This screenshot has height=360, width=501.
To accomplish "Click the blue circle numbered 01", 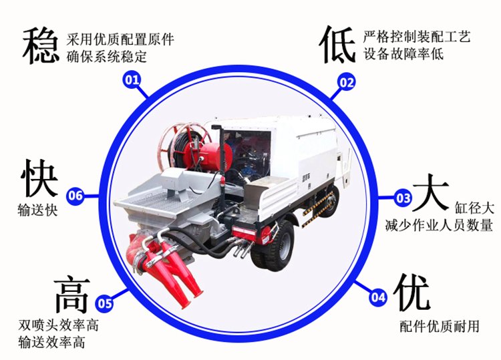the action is [x=132, y=80].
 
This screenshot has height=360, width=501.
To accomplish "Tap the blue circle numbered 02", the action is [x=346, y=82].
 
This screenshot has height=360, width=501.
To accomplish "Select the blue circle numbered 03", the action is [x=403, y=198].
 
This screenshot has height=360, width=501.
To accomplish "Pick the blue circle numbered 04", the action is [x=378, y=297].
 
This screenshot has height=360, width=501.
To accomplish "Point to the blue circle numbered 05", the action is [x=105, y=302].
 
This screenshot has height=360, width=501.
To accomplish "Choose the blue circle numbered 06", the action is [x=75, y=195].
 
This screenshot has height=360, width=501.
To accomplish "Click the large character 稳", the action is [x=41, y=45].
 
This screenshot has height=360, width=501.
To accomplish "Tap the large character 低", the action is [x=338, y=45].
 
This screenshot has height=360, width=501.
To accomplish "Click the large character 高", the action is [x=72, y=295].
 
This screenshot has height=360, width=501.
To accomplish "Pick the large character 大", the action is [x=431, y=192].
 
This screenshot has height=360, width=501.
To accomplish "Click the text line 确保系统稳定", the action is [x=107, y=57].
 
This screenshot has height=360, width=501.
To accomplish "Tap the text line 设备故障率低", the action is [x=404, y=53].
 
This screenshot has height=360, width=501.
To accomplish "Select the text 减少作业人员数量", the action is [x=439, y=225].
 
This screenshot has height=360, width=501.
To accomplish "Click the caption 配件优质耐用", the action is [x=440, y=326].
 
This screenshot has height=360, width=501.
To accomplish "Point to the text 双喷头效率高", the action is [x=59, y=325].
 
